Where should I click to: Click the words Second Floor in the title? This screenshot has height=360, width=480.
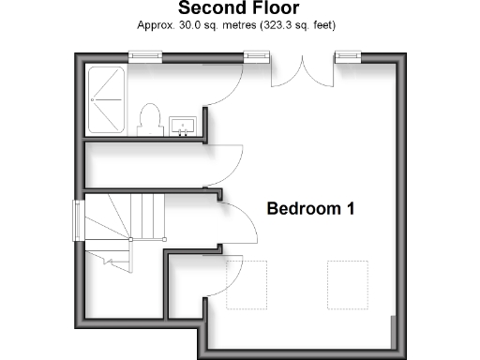pos(239,10)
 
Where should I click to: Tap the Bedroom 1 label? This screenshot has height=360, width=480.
pos(310,208)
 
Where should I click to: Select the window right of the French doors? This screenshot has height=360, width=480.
pos(348,56)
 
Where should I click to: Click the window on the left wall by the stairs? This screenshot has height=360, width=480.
pos(78,222)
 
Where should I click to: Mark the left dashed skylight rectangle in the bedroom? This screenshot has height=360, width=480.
pos(247,283)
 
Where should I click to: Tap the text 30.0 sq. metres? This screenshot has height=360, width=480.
pos(217,25)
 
